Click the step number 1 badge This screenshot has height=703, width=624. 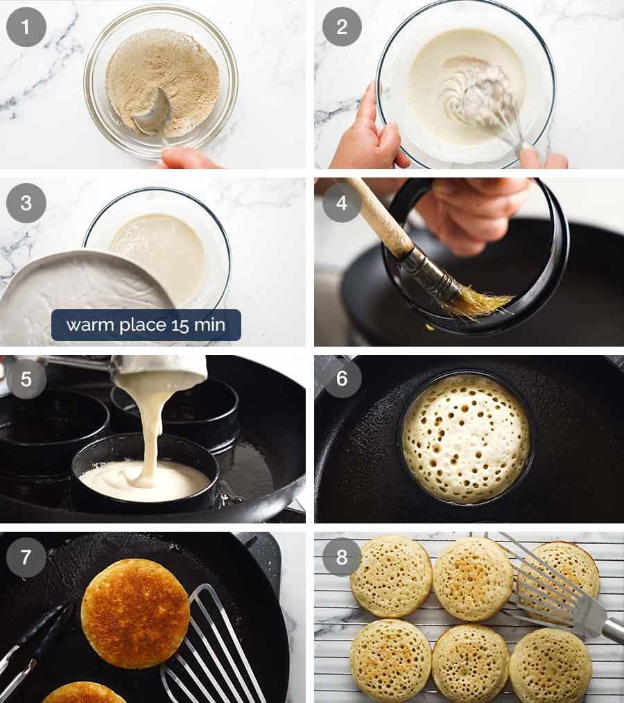26,27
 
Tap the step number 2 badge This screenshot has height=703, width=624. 341,27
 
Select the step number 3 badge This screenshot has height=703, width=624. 26,202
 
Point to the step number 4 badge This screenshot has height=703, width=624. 341,202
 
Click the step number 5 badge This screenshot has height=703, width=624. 26,379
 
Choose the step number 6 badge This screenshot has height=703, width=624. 341,379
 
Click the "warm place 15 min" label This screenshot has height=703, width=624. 146,325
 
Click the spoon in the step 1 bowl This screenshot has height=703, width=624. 154,114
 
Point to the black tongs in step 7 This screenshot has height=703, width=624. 35,641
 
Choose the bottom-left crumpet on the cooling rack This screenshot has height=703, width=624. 390,659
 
